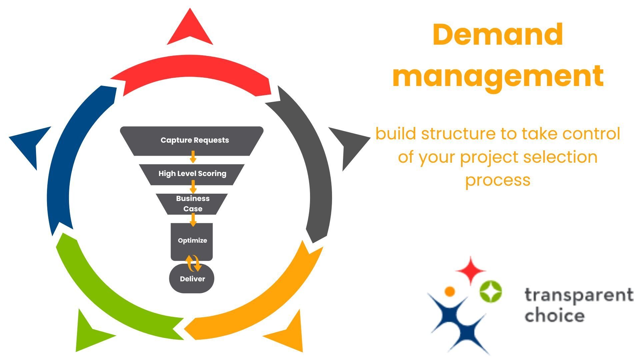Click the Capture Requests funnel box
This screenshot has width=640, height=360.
(192, 141)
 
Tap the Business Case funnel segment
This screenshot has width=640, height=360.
(192, 204)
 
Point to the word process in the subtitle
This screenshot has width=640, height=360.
(498, 181)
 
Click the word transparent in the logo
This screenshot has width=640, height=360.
(579, 295)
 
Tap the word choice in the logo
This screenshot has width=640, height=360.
(554, 315)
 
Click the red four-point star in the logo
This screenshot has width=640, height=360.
(470, 270)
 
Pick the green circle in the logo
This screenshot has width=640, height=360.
(491, 291)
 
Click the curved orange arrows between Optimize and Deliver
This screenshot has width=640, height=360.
(193, 263)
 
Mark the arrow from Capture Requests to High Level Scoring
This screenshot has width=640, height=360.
(193, 157)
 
